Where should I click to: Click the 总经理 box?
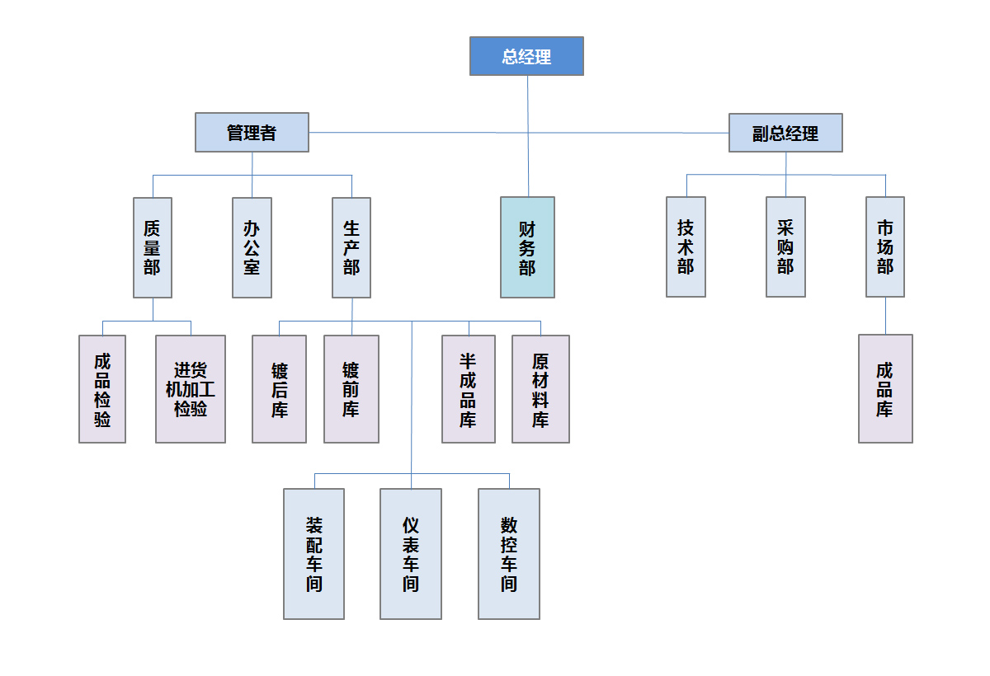tap(526, 56)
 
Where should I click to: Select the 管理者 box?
tap(252, 133)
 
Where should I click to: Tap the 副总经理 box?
tap(785, 133)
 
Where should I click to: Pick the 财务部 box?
tap(527, 247)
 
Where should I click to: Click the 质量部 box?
tap(153, 247)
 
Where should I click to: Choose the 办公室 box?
tap(252, 247)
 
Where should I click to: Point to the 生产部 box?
tap(351, 247)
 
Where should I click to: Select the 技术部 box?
tap(686, 247)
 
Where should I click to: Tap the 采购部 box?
tap(785, 247)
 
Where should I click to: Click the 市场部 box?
tap(885, 247)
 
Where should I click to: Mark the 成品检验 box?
tap(102, 389)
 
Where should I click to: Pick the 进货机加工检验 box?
tap(191, 389)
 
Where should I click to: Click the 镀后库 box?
tap(279, 389)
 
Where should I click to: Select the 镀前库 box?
tap(351, 389)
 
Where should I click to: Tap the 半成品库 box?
tap(469, 389)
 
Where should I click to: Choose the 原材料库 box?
tap(540, 389)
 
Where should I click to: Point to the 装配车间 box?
tap(313, 554)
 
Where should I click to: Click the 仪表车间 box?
tap(411, 554)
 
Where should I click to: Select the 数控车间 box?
tap(509, 554)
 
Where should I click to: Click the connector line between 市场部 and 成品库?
tap(885, 316)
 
